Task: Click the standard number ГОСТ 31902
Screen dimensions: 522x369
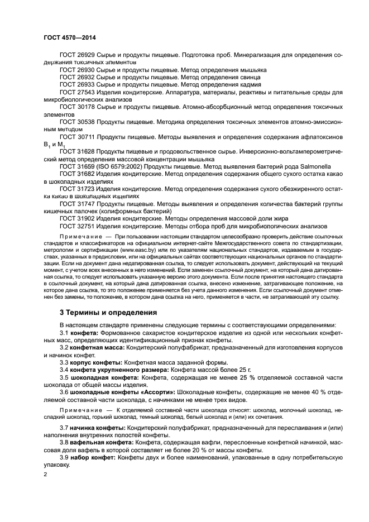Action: click(77, 218)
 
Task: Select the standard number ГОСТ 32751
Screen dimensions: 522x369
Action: click(77, 226)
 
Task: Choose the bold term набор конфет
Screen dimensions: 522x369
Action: click(90, 457)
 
